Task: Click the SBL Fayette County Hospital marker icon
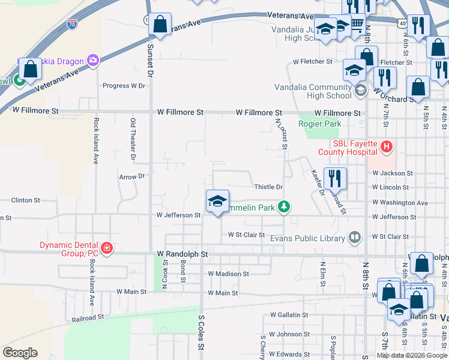pos(387,146)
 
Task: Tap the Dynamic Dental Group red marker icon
pos(106,248)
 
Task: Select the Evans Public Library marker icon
pos(355,238)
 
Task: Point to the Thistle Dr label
pos(268,187)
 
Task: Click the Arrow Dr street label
pos(132,176)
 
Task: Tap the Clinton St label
pos(26,200)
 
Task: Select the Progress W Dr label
pos(124,86)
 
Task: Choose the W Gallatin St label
pos(289,314)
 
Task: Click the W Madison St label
pos(228,274)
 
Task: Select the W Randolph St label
pos(182,254)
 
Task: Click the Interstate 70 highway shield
pos(72,25)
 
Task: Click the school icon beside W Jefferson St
pos(217,202)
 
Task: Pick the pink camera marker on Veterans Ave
pos(92,60)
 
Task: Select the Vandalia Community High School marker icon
pos(361,91)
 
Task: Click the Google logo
pos(20,353)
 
